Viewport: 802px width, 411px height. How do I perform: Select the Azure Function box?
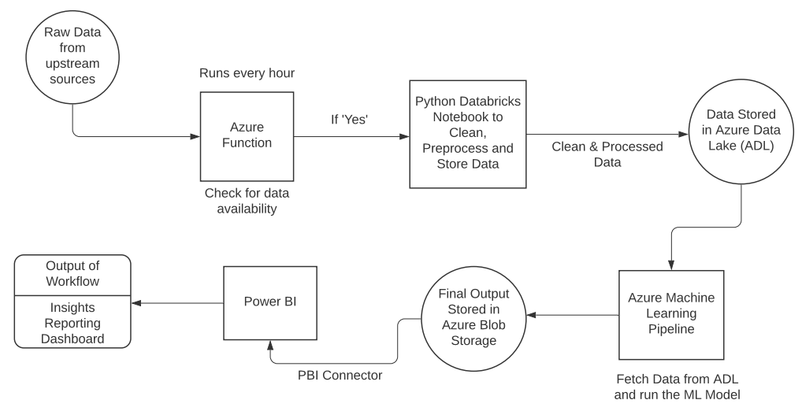(x=247, y=135)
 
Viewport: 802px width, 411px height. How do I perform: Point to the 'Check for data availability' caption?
(x=247, y=202)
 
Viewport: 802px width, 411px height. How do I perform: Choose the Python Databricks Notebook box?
(x=467, y=134)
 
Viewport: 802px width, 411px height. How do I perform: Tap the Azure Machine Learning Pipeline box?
(x=671, y=313)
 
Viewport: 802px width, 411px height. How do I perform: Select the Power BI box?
(x=270, y=303)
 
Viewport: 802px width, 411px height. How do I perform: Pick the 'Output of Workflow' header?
(x=72, y=274)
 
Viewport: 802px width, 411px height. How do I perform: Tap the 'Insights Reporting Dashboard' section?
(x=72, y=322)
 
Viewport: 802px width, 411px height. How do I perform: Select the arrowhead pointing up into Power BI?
(x=271, y=345)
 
